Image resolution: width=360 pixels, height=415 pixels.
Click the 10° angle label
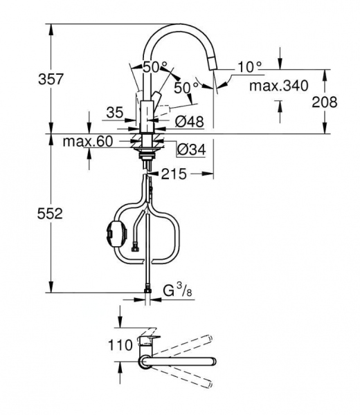[249, 66]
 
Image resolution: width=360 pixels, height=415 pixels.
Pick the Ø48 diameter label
[189, 121]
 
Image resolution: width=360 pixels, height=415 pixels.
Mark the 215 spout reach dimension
[174, 175]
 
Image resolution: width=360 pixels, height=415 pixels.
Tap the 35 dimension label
[115, 111]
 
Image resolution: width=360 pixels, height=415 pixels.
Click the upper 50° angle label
[155, 67]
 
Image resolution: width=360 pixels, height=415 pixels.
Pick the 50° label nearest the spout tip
[186, 88]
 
